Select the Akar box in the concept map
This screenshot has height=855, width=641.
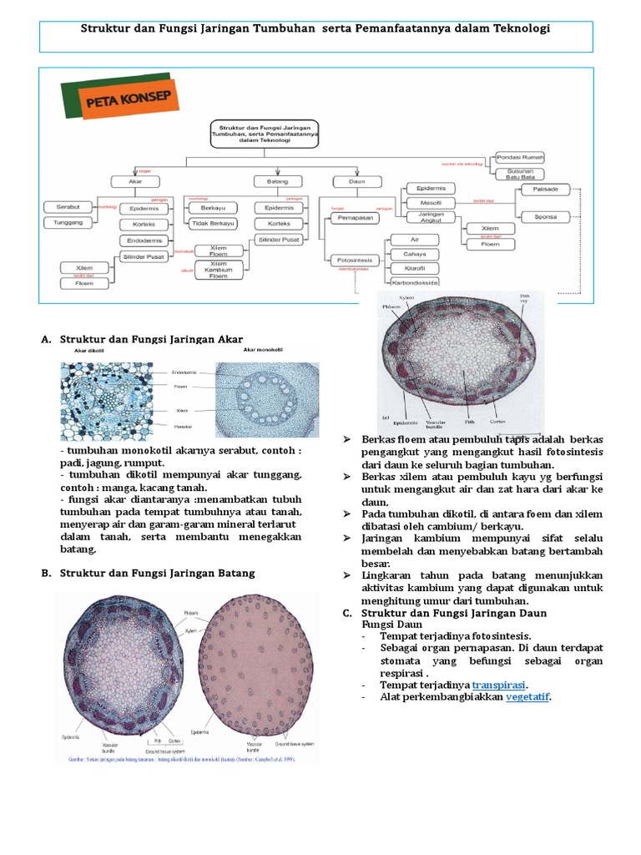[x=134, y=180]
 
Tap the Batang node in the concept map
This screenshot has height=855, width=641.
[x=278, y=180]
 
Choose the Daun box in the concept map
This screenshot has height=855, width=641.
[x=350, y=180]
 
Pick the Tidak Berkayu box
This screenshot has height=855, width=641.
[x=210, y=223]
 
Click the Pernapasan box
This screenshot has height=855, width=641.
[x=353, y=217]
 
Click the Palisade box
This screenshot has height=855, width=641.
[x=544, y=190]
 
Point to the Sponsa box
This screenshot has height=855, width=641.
[x=544, y=217]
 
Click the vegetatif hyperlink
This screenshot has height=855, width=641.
[x=522, y=696]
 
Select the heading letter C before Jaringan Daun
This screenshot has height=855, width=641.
[x=346, y=613]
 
